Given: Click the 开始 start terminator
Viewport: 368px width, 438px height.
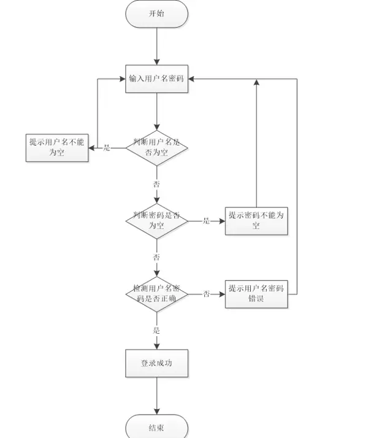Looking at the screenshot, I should click(156, 13).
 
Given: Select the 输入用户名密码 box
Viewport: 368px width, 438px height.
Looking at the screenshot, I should click(156, 79).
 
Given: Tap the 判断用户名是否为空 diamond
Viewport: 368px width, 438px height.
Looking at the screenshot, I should click(156, 148).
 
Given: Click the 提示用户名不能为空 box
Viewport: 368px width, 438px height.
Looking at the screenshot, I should click(56, 148).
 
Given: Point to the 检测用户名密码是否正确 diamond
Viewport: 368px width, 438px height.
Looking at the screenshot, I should click(156, 294).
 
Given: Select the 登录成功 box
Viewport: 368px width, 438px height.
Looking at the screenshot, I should click(156, 363).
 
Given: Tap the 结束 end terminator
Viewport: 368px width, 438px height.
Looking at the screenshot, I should click(156, 428).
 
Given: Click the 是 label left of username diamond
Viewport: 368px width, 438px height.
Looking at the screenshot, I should click(107, 148).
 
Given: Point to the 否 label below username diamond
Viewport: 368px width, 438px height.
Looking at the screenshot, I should click(156, 183).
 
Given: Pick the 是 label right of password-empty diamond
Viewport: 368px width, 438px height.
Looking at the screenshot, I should click(206, 221).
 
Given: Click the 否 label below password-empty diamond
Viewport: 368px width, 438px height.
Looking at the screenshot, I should click(156, 256).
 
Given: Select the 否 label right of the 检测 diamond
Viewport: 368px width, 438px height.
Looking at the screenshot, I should click(207, 294).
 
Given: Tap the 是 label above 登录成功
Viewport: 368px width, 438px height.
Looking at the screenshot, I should click(156, 330).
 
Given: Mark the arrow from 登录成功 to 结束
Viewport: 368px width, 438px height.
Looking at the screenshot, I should click(156, 396).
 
